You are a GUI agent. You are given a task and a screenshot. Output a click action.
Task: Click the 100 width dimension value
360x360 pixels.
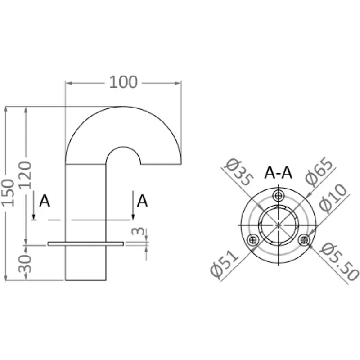point(123,82)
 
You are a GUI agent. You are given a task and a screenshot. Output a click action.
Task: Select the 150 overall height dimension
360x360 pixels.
point(8,193)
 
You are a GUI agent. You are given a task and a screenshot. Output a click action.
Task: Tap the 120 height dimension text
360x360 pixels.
point(25,175)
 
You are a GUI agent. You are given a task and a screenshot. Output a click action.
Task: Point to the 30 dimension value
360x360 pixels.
point(25,263)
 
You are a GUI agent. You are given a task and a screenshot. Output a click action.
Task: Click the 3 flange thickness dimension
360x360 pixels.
point(138,231)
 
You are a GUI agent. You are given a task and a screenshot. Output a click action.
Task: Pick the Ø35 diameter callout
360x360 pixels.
point(239,171)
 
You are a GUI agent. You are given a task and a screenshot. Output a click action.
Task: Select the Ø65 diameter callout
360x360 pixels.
point(319,171)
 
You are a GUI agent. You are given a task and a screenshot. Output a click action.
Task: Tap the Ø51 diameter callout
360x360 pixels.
point(225,264)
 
